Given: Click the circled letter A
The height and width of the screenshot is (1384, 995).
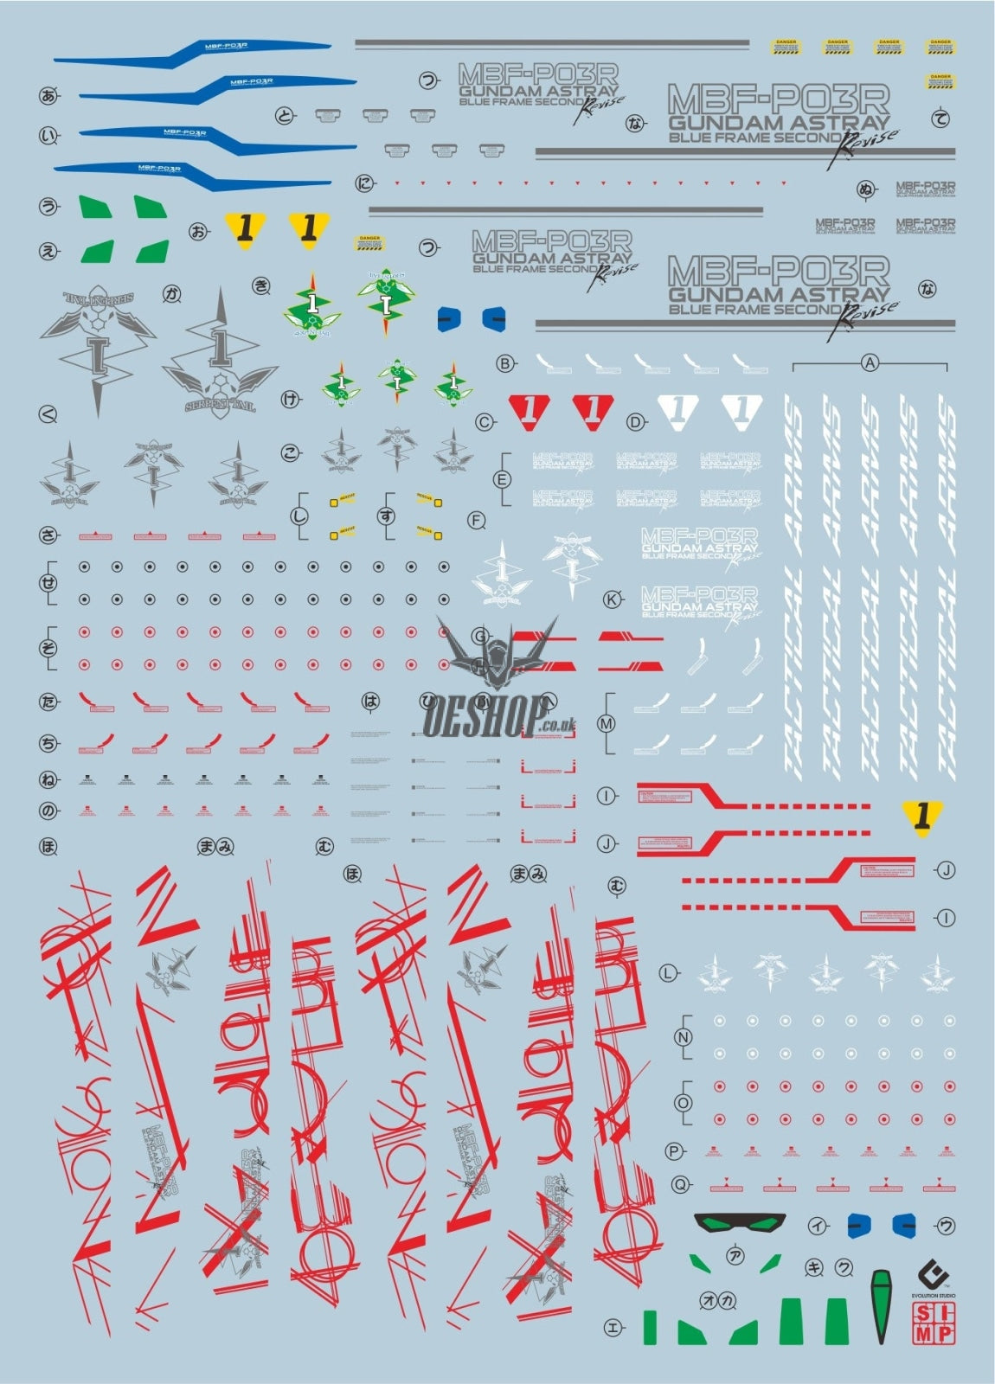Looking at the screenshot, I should [x=870, y=363].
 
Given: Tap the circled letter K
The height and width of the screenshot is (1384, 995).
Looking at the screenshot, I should [x=613, y=599].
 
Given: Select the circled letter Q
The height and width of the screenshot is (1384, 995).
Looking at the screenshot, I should [x=682, y=1184].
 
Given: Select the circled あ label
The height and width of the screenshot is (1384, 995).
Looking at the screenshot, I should [x=48, y=96].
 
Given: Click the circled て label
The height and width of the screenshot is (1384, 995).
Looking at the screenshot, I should [x=940, y=119].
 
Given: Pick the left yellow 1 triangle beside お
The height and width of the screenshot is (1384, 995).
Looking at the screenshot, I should [x=246, y=228].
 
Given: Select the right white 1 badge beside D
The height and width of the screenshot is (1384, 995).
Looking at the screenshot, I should [x=741, y=411].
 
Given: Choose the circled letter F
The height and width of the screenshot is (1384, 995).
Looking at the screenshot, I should [x=476, y=520].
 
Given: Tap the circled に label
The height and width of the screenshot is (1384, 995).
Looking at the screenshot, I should [x=364, y=183].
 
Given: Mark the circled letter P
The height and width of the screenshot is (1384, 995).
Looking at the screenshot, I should [x=674, y=1150].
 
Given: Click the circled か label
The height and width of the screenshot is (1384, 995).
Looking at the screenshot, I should [x=172, y=294].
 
